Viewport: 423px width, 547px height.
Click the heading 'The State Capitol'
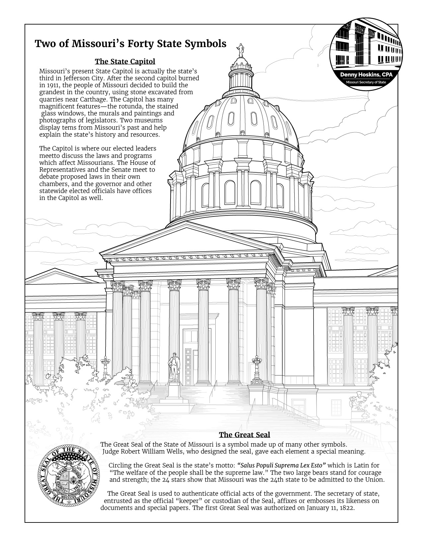[x=125, y=62]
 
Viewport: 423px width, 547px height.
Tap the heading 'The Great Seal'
[x=245, y=435]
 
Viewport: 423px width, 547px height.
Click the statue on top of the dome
[x=240, y=50]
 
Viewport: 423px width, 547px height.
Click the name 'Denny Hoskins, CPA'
[x=366, y=75]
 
